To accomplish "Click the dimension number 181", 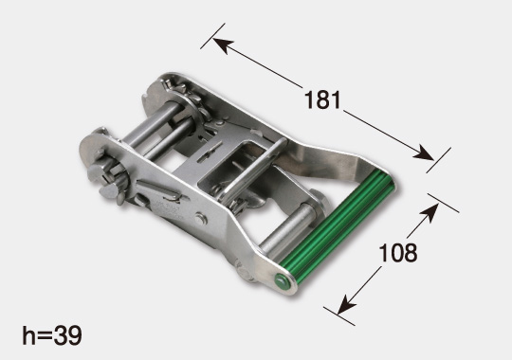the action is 322,99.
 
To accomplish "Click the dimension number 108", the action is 397,253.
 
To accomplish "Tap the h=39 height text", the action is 52,335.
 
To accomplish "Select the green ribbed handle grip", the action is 338,227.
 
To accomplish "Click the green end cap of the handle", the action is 282,280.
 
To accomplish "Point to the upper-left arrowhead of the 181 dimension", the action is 223,45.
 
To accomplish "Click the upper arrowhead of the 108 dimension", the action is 430,212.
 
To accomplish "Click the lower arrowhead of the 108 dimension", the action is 346,304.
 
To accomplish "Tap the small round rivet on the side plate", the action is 200,218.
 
